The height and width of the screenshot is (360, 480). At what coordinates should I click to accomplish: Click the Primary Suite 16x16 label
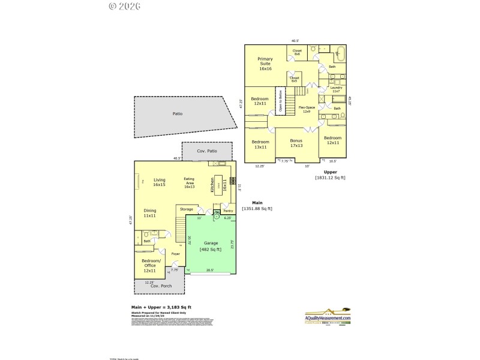point(265,64)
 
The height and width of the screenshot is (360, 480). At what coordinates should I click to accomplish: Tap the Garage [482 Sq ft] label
point(211,246)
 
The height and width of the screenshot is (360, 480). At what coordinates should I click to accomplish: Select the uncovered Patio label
point(177,113)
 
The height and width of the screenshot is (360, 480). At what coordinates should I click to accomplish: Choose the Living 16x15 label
point(159,182)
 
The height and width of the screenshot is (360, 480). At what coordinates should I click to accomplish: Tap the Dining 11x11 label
point(150,212)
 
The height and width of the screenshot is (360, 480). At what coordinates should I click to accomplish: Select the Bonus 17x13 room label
point(296,142)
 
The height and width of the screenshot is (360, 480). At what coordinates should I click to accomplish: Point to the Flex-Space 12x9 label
point(307,109)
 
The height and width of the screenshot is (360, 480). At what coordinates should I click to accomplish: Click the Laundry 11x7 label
point(336,89)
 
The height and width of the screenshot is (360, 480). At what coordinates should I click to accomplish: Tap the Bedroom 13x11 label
point(260,144)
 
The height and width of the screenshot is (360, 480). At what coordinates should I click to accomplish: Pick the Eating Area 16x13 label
point(189,183)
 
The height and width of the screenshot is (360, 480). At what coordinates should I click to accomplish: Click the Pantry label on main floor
point(228,211)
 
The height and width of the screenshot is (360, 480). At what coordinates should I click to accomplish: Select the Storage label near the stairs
point(187,209)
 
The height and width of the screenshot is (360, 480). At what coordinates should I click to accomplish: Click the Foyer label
point(175,254)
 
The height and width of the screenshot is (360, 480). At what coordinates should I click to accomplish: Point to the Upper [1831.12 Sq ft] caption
point(330,175)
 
